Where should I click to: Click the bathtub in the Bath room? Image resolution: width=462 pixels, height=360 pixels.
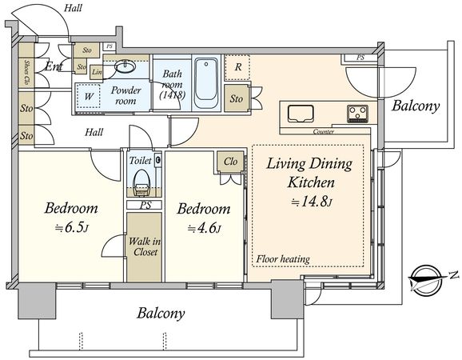[x=206, y=83]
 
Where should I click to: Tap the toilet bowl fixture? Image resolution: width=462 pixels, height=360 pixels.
[x=141, y=183]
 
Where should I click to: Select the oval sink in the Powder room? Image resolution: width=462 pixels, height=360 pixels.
[x=125, y=66]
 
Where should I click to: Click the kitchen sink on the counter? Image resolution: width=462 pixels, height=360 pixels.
[x=301, y=114]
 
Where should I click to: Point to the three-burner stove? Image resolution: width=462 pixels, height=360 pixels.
[x=357, y=114]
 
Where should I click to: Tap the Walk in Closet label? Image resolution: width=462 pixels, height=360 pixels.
[x=145, y=246]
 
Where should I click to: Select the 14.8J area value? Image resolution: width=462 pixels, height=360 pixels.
[x=312, y=202]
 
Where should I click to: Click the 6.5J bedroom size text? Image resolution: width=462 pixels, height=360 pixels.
[x=72, y=228]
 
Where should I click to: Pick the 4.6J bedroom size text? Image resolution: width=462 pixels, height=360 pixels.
[x=204, y=228]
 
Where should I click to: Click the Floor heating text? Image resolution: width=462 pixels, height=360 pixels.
[x=283, y=259]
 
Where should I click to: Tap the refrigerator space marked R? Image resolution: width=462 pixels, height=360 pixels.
[x=237, y=67]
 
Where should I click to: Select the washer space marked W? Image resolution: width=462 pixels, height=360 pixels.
[x=89, y=96]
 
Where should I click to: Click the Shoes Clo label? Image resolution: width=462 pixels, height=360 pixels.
[x=26, y=72]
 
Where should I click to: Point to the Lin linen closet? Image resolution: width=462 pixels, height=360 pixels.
[x=97, y=72]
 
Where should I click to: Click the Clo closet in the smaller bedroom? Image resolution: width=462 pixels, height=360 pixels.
[x=230, y=162]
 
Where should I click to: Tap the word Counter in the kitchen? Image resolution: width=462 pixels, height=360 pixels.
[x=323, y=131]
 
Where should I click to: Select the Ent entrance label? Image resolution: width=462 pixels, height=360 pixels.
[x=54, y=66]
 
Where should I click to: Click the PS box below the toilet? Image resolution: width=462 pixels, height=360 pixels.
[x=145, y=205]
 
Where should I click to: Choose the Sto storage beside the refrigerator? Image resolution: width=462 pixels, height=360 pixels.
[x=237, y=98]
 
